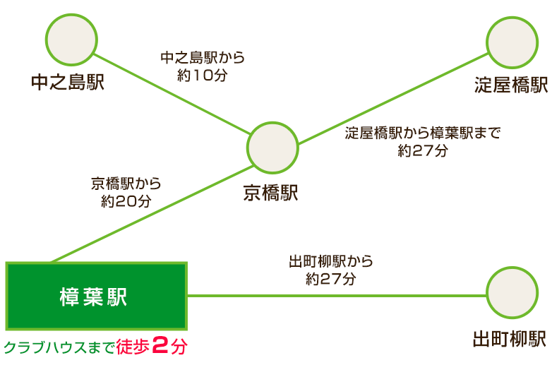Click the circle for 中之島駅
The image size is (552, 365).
click(71, 40)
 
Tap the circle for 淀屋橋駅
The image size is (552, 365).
click(512, 42)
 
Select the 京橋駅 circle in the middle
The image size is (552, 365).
click(272, 148)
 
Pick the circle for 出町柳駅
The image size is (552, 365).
click(512, 293)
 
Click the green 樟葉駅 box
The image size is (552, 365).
click(97, 296)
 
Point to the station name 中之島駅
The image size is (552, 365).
click(68, 83)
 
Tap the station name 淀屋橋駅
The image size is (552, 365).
click(511, 85)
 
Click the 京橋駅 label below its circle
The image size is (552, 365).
click(271, 193)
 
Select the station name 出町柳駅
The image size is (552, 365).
click(510, 339)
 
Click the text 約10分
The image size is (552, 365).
click(203, 76)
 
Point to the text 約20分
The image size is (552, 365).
click(126, 201)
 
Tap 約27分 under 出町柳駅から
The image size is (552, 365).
click(330, 279)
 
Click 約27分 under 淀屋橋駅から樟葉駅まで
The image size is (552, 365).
click(423, 150)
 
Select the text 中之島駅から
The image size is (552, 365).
click(203, 58)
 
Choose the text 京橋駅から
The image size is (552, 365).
click(126, 184)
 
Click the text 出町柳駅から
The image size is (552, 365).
click(330, 261)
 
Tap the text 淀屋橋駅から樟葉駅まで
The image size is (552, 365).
click(422, 133)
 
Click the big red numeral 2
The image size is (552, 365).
click(160, 345)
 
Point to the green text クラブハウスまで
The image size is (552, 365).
click(59, 348)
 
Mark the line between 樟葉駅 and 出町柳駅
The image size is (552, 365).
click(337, 296)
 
